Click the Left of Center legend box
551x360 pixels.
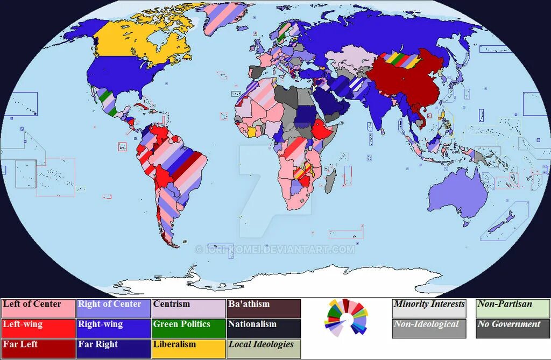coord(38,308)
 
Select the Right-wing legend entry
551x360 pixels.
coord(113,329)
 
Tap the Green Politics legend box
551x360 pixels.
coord(188,329)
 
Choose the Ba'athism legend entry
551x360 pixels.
coord(263,308)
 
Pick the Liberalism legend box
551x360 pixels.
coord(188,349)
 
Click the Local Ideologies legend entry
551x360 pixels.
coord(263,349)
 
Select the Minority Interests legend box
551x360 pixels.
coord(429,308)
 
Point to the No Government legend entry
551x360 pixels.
coord(512,329)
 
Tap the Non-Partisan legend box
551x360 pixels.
coord(512,308)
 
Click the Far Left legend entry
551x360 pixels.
coord(38,349)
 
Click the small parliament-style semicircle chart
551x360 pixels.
coord(346,317)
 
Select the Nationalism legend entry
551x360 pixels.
coord(263,329)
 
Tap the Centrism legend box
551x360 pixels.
coord(188,308)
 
